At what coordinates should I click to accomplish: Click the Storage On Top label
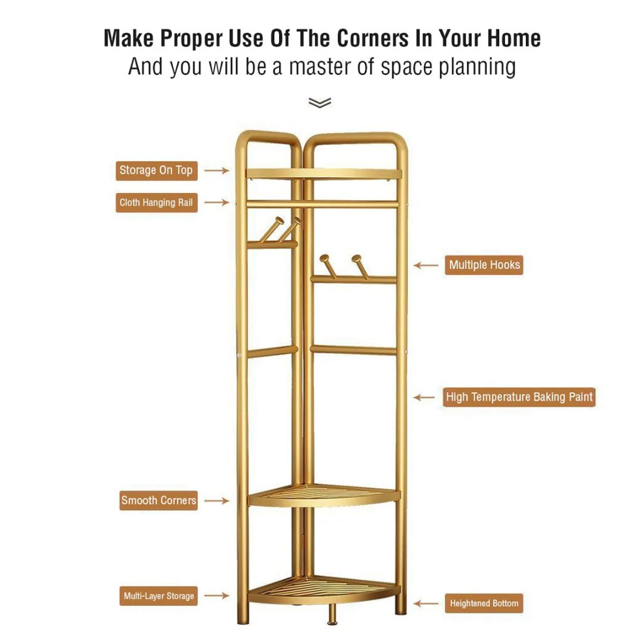point(156,171)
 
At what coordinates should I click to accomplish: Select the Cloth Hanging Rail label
point(156,203)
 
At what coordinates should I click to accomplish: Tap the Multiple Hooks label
point(484,265)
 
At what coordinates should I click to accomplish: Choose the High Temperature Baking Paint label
point(519,397)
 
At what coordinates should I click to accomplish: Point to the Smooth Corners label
point(159,500)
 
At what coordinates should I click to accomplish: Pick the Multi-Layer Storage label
point(159,596)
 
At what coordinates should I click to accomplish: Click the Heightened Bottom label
point(484,603)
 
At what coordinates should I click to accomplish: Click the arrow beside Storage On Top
point(217,171)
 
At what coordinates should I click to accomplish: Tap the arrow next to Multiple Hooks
point(426,265)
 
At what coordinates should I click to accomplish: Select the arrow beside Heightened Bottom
point(426,603)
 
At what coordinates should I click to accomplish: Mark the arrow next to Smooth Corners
point(217,501)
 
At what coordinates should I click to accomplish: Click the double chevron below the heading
point(320,103)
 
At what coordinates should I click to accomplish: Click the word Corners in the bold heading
point(373,38)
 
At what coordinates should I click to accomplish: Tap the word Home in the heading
point(514,38)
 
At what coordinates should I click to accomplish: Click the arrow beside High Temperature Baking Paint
point(425,398)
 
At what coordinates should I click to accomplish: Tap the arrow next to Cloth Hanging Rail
point(217,202)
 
